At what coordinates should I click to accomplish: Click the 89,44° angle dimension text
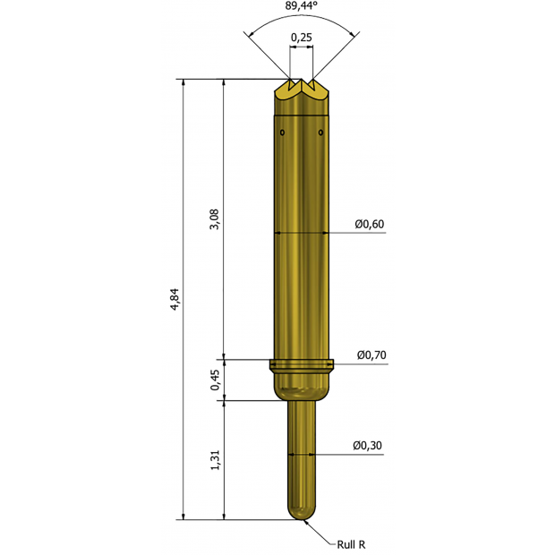tap(301, 5)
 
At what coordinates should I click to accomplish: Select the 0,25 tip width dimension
tap(302, 38)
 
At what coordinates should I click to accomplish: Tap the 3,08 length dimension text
tap(215, 219)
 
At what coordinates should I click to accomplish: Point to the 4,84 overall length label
tap(175, 300)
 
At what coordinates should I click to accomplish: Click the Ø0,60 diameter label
tap(370, 224)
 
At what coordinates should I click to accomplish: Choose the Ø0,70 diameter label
tap(371, 354)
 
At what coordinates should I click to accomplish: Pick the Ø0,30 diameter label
tap(367, 445)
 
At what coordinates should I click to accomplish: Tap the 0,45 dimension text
tap(215, 380)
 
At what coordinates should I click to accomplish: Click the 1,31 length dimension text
tap(215, 460)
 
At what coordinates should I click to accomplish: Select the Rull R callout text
tap(351, 544)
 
